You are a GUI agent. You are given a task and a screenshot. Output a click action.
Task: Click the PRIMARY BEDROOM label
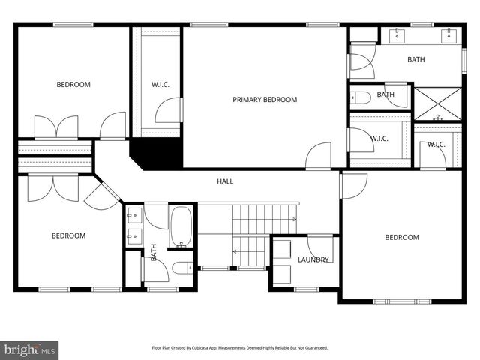tap(265, 100)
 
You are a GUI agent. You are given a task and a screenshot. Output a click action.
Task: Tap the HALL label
tap(225, 181)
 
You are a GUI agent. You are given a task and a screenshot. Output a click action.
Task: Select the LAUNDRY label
tap(313, 260)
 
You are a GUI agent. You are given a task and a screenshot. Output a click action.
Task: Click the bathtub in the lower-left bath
tap(182, 227)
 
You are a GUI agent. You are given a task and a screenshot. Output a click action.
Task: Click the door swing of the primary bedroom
tap(319, 155)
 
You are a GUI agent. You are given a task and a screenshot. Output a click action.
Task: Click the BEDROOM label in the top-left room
tap(73, 85)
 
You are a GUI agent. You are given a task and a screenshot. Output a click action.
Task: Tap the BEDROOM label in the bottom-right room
tap(402, 238)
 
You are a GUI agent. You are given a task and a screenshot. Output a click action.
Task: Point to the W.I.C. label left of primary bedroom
tap(160, 85)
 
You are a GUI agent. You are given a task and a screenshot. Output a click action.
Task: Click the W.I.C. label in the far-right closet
tap(436, 145)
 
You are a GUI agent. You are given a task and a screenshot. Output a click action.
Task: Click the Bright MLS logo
tap(30, 349)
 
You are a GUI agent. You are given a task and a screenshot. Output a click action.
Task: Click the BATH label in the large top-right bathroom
tap(417, 59)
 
